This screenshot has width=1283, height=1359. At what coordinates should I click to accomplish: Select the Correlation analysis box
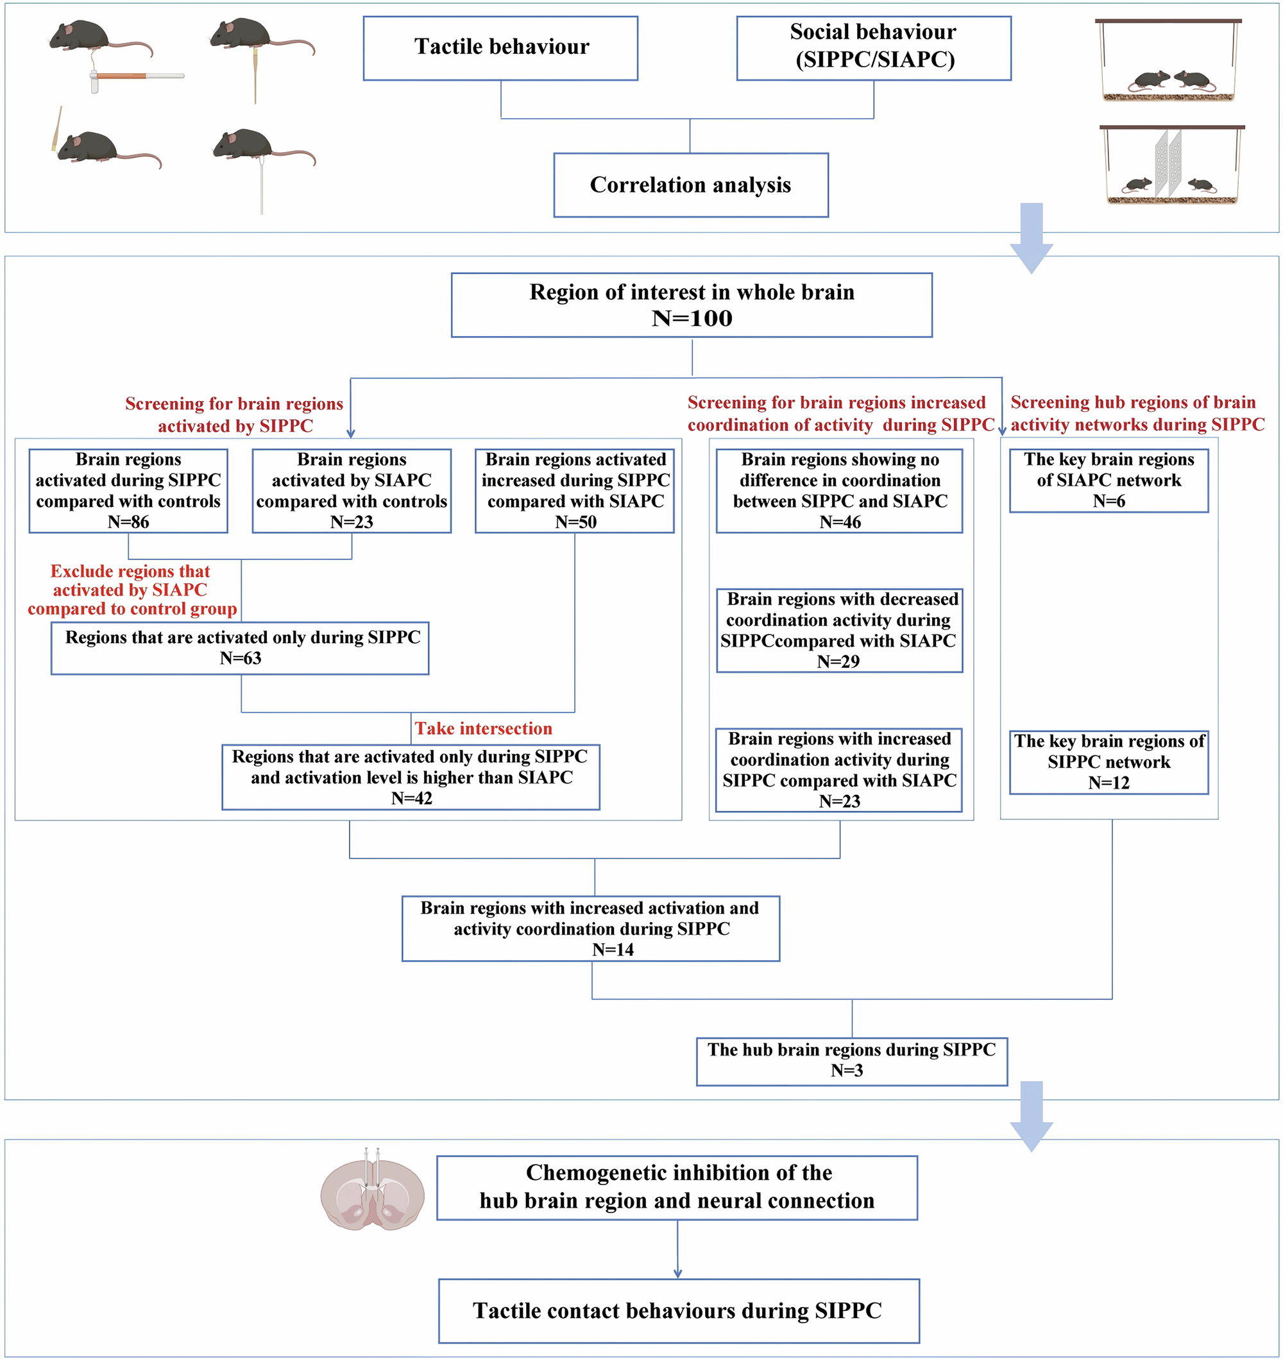pyautogui.click(x=690, y=185)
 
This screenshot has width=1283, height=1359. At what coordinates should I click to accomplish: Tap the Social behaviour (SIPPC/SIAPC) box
pyautogui.click(x=872, y=48)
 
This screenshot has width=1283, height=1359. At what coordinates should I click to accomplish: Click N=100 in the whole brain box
pyautogui.click(x=692, y=319)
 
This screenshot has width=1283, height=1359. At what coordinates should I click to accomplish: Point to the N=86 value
pyautogui.click(x=128, y=522)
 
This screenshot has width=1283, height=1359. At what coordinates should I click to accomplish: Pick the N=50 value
pyautogui.click(x=575, y=522)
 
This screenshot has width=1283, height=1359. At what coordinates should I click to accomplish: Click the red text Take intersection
pyautogui.click(x=483, y=729)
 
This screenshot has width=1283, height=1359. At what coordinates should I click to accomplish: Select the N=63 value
pyautogui.click(x=240, y=658)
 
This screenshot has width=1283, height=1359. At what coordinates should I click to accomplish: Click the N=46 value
pyautogui.click(x=839, y=522)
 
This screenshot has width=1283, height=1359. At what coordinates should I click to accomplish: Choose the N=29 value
pyautogui.click(x=838, y=662)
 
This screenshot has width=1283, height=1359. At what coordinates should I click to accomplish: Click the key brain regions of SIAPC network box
pyautogui.click(x=1108, y=480)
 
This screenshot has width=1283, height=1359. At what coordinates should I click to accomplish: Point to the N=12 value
pyautogui.click(x=1108, y=783)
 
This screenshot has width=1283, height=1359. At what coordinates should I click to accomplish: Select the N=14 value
pyautogui.click(x=612, y=950)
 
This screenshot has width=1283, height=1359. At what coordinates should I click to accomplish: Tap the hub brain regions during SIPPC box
pyautogui.click(x=851, y=1061)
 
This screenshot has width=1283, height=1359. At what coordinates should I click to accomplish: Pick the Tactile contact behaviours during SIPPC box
pyautogui.click(x=678, y=1310)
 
